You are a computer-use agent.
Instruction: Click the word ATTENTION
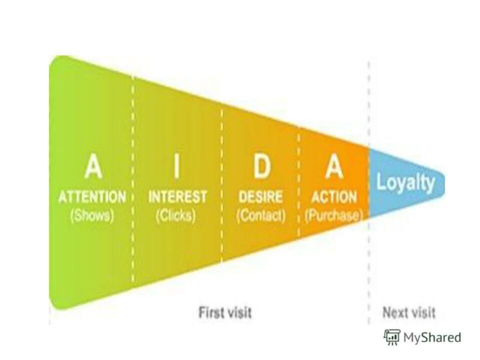click(92, 196)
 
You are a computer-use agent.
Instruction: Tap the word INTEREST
click(177, 196)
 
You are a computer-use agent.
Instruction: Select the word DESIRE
click(260, 196)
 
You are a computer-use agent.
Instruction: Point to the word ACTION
click(334, 196)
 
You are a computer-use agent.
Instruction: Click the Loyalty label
click(405, 182)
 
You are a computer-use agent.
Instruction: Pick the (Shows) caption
click(92, 216)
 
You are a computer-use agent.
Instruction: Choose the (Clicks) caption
click(176, 216)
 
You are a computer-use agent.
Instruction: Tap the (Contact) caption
click(261, 216)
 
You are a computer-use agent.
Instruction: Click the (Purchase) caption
click(334, 216)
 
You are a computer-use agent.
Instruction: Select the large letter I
click(176, 166)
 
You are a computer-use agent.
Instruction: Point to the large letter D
click(261, 166)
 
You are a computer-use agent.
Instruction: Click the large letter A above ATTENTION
click(93, 166)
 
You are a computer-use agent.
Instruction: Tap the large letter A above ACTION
click(334, 166)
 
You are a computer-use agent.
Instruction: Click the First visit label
click(225, 313)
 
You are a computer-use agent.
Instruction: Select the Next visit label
click(409, 313)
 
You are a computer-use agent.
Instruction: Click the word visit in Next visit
click(423, 313)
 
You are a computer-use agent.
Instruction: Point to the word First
click(210, 313)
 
